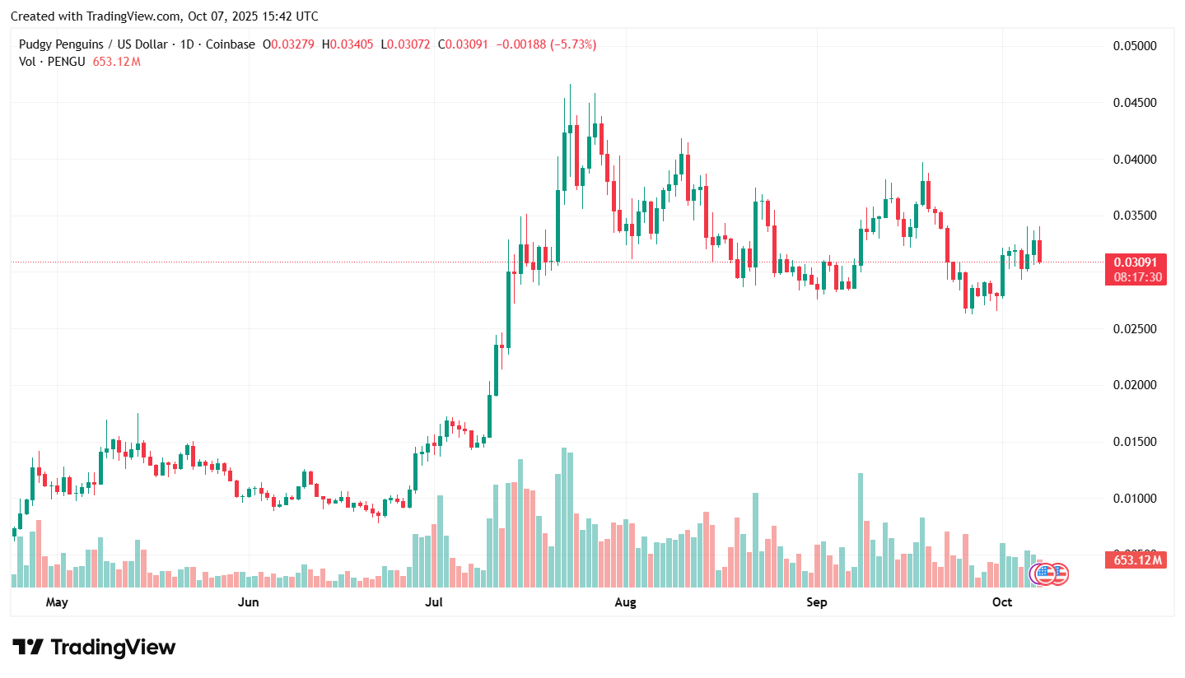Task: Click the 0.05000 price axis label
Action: click(x=1135, y=46)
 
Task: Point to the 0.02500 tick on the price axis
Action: click(x=1135, y=329)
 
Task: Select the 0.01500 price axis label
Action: click(x=1135, y=442)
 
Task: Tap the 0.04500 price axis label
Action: click(x=1135, y=103)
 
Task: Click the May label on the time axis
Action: click(x=57, y=602)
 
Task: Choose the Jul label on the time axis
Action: click(x=433, y=602)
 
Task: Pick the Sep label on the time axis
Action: click(x=816, y=602)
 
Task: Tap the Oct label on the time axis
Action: click(x=1001, y=602)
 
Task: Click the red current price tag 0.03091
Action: click(x=1136, y=262)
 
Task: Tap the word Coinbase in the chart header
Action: click(x=229, y=44)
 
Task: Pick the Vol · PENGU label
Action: click(x=52, y=61)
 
